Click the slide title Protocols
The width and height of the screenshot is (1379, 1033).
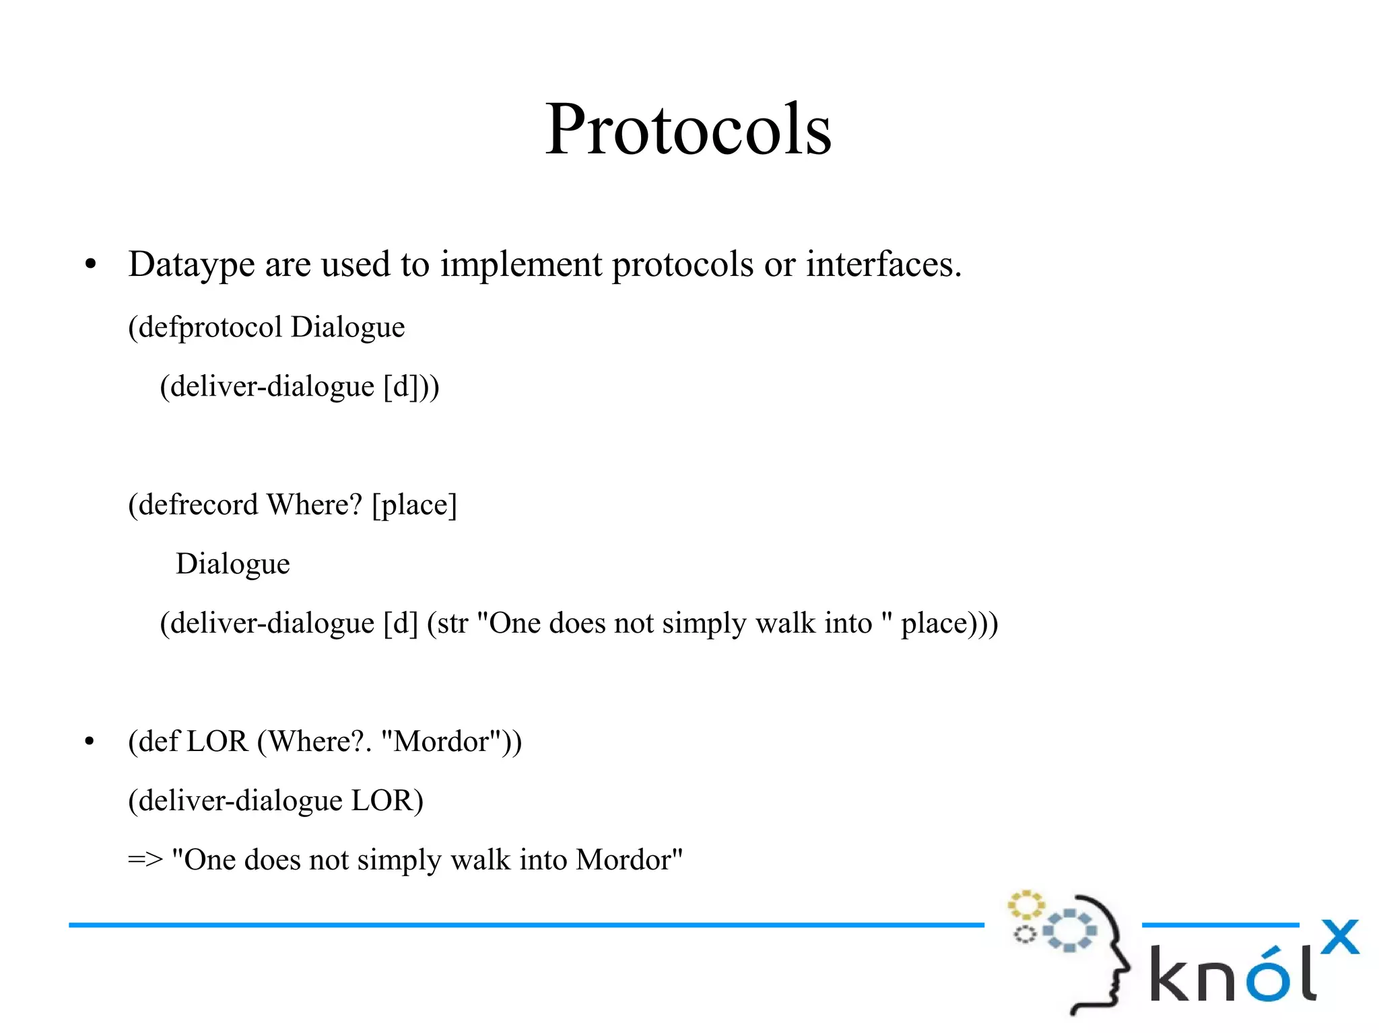coord(688,129)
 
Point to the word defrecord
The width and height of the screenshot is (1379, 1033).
coord(198,505)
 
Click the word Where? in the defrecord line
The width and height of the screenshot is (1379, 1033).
coord(314,505)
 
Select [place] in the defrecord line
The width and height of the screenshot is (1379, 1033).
coord(414,505)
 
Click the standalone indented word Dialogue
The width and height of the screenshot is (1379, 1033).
coord(232,564)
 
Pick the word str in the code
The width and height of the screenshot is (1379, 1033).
coord(452,623)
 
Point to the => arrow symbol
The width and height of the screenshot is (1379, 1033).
coord(145,860)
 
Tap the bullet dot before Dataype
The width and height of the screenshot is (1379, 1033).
coord(91,264)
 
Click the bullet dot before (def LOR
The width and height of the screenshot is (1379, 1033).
coord(90,742)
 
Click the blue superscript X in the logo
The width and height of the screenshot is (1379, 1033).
coord(1339,937)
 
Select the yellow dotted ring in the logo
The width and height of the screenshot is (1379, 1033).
coord(1025,905)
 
